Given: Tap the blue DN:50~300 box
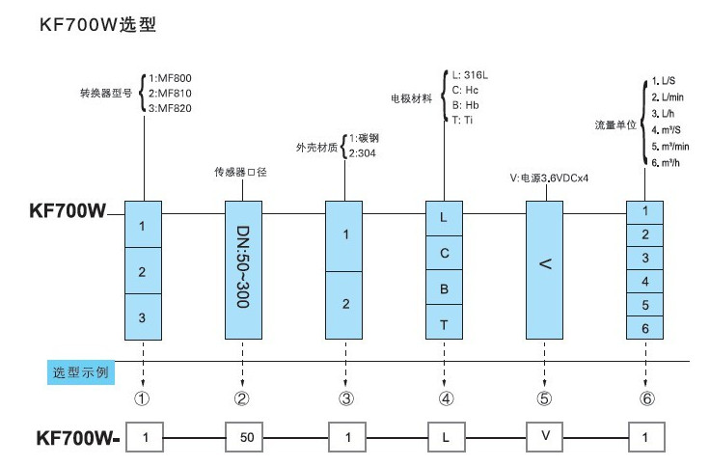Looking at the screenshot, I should (x=242, y=269).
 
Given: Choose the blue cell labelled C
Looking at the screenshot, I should (x=444, y=253).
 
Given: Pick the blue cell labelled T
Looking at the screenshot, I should (x=444, y=324).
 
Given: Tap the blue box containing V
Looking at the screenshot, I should (x=545, y=269).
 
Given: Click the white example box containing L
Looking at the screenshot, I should (x=444, y=437).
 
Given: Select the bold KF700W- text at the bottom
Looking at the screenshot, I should (x=76, y=437).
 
